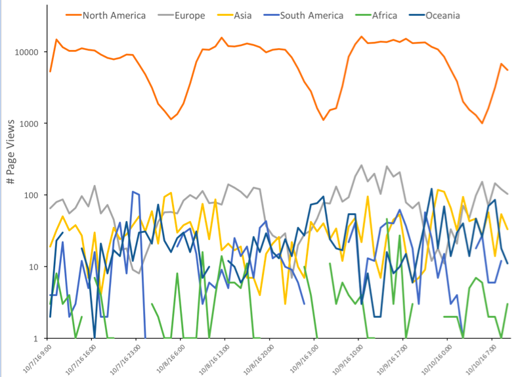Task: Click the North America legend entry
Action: (x=114, y=15)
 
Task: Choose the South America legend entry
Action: (x=311, y=15)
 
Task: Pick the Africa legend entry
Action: (x=384, y=15)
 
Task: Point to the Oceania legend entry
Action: (x=441, y=15)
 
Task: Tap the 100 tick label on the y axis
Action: (x=36, y=195)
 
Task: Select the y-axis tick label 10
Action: (x=38, y=267)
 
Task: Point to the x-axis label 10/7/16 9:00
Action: (x=37, y=358)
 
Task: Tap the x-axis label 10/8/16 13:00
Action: (x=214, y=359)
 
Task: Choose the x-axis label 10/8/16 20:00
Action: (x=258, y=359)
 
